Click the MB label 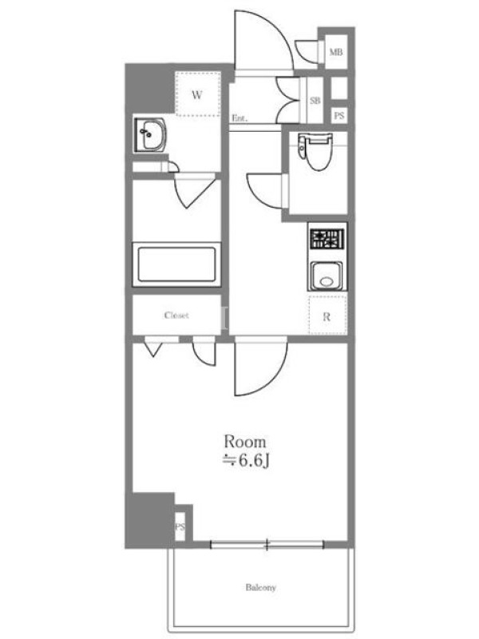pyautogui.click(x=336, y=52)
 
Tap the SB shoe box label pyautogui.click(x=315, y=101)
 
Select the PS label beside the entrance pyautogui.click(x=338, y=116)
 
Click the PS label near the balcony pyautogui.click(x=180, y=527)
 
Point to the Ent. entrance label pyautogui.click(x=239, y=118)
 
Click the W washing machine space pyautogui.click(x=197, y=94)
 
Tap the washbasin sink pyautogui.click(x=150, y=134)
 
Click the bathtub pyautogui.click(x=176, y=264)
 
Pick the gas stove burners pyautogui.click(x=327, y=239)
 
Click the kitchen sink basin pyautogui.click(x=327, y=276)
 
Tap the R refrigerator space pyautogui.click(x=327, y=316)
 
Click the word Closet pyautogui.click(x=176, y=315)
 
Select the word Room pyautogui.click(x=245, y=442)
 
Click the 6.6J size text pyautogui.click(x=254, y=461)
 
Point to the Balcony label pyautogui.click(x=261, y=587)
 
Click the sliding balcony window pyautogui.click(x=267, y=544)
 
